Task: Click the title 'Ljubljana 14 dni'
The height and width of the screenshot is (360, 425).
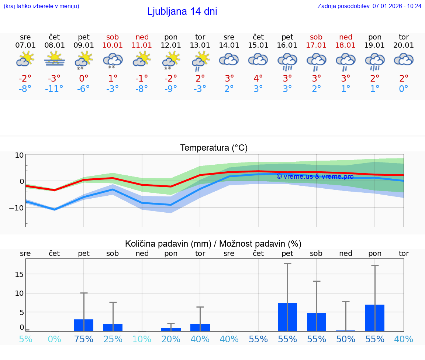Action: (x=182, y=11)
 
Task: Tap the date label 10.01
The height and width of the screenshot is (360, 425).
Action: (x=113, y=45)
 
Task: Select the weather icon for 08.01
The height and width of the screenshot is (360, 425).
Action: (x=55, y=59)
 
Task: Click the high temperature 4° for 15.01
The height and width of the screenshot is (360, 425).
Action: (x=258, y=78)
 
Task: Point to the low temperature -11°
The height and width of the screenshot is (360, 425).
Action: (x=55, y=89)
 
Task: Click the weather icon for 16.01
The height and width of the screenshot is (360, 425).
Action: (x=287, y=61)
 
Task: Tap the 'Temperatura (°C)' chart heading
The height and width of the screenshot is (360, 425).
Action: (x=214, y=148)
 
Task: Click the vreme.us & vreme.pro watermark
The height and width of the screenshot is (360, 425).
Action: (x=315, y=176)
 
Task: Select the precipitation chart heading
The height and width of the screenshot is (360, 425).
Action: (x=213, y=244)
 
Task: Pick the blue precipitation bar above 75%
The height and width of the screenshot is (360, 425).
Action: (x=84, y=325)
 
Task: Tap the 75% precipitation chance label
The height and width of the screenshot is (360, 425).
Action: (x=84, y=339)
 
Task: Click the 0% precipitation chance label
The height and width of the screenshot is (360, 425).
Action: (x=55, y=339)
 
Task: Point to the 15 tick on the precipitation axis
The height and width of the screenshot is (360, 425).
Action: (x=20, y=274)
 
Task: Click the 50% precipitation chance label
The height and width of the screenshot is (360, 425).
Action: (x=346, y=339)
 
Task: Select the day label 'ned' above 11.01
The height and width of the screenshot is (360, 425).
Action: (x=142, y=37)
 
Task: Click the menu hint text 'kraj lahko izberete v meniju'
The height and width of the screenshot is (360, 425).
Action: (x=41, y=6)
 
